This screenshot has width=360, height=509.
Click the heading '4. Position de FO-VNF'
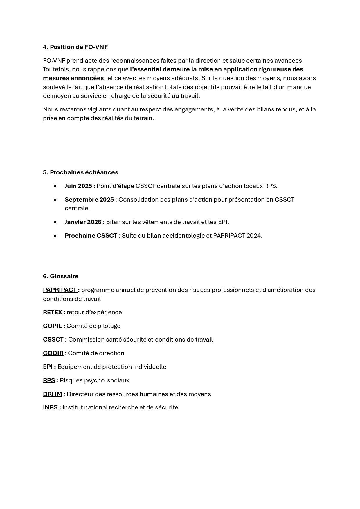click(75, 47)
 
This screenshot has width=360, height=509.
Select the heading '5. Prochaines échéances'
click(80, 172)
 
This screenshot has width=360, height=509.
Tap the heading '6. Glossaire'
click(61, 276)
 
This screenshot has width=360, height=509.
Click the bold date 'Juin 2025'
click(78, 186)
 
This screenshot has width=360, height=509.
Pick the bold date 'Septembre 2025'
click(89, 200)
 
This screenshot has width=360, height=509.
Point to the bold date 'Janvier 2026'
click(83, 222)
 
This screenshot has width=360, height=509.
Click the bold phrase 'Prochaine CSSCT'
click(91, 236)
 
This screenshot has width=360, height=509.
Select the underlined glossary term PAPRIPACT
click(60, 290)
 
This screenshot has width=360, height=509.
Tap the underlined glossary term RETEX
click(53, 312)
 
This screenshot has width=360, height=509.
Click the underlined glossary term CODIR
click(53, 353)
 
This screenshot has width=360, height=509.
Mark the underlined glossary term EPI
click(48, 367)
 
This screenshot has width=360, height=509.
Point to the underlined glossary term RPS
click(49, 380)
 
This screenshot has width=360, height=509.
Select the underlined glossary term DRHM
click(53, 394)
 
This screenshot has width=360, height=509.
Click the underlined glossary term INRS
click(50, 407)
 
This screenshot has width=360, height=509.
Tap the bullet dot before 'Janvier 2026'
click(55, 222)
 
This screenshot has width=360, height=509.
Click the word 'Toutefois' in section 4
click(56, 69)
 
